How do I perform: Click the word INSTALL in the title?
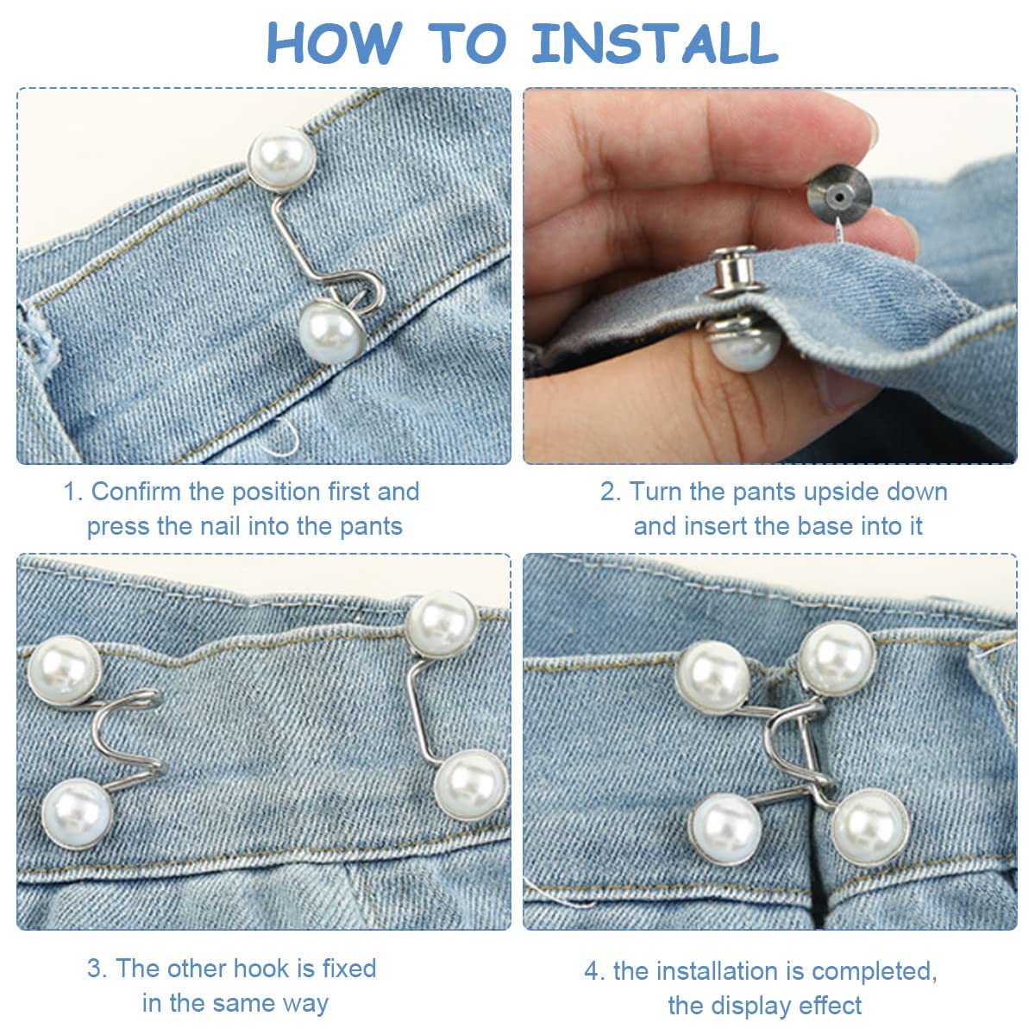654,42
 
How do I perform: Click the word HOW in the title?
333,42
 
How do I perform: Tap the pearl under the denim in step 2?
744,343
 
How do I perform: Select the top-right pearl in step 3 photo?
442,624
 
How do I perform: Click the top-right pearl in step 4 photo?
836,658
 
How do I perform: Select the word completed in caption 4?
872,971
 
